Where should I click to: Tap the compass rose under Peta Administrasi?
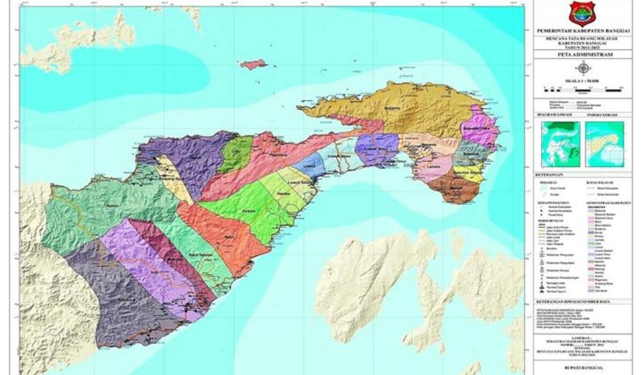(584, 68)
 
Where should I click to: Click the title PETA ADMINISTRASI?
(582, 55)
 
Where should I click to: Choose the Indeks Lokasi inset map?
(604, 143)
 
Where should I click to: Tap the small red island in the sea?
(254, 64)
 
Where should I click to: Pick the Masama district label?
(428, 145)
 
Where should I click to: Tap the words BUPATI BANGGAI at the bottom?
(582, 367)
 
